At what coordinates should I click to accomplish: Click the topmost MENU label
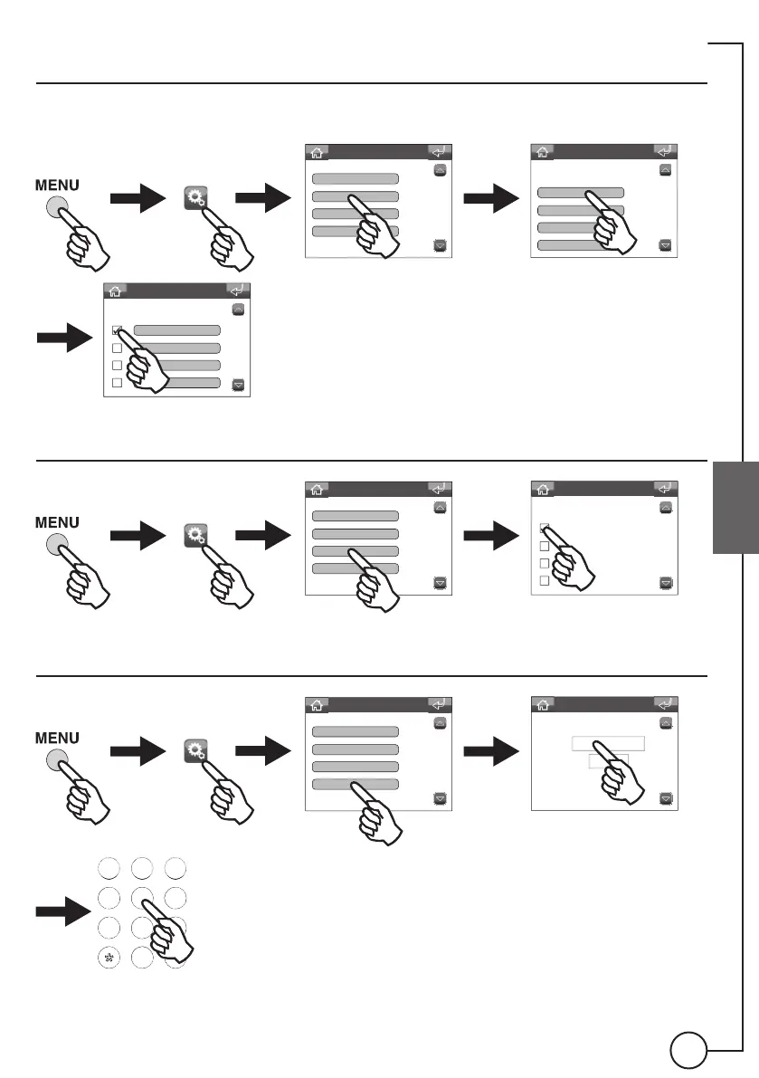(x=58, y=186)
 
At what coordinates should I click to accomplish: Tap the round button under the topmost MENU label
(x=58, y=208)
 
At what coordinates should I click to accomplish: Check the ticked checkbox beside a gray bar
(x=117, y=331)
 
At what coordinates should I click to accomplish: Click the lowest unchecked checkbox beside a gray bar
(x=117, y=383)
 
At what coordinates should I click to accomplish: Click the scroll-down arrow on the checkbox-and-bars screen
(x=239, y=384)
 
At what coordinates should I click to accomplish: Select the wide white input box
(x=608, y=743)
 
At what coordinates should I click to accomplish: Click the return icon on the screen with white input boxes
(x=665, y=704)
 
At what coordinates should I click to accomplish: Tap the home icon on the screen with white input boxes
(x=541, y=704)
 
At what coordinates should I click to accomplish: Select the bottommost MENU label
(x=58, y=738)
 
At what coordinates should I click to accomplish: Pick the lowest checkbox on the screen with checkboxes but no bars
(x=545, y=581)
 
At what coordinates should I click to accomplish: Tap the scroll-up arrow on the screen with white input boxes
(x=666, y=724)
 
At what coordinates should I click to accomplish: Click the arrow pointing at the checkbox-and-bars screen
(x=64, y=339)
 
